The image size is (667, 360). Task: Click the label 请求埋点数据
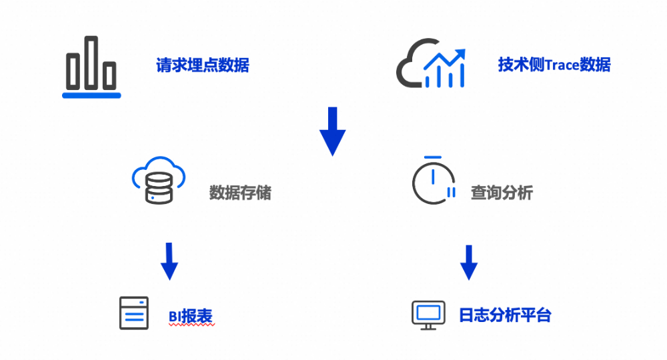203,65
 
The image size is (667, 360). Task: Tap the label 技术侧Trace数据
554,65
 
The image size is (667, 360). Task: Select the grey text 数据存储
240,193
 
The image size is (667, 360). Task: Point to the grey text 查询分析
502,193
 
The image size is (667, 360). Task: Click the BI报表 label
191,316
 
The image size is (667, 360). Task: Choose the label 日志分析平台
505,315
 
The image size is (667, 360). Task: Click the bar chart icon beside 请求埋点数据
91,65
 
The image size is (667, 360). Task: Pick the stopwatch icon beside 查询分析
433,181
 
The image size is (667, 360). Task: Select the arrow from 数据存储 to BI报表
169,261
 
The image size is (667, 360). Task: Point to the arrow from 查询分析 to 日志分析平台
469,262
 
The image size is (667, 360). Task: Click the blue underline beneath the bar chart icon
91,95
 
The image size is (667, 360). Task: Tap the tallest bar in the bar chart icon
91,62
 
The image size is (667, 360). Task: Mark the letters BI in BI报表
175,317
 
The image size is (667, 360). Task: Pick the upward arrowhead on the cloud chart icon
460,53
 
